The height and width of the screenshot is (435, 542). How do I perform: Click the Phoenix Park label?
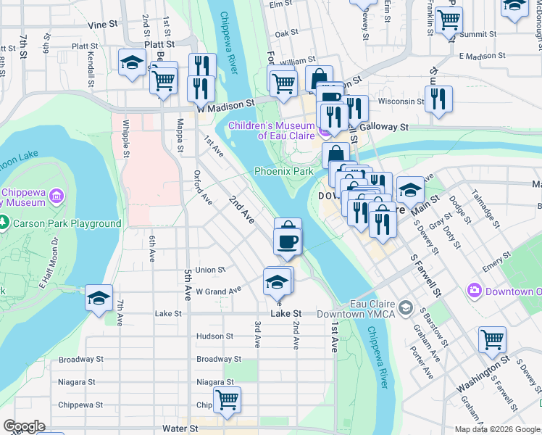pos(283,171)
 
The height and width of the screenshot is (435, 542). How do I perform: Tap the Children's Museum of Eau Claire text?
pos(272,130)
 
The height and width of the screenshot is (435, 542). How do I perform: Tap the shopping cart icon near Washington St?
pos(492,339)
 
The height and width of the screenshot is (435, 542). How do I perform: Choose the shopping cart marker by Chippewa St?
pos(227,399)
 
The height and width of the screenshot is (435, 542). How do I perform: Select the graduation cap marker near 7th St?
pos(99,298)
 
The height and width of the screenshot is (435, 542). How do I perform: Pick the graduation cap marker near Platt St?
pos(132,65)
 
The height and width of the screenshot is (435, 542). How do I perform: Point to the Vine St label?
pos(102,24)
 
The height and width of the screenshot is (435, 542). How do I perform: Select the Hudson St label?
pos(214,336)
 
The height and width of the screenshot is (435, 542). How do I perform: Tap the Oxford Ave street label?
pos(203,187)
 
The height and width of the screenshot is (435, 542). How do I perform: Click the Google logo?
pos(23,426)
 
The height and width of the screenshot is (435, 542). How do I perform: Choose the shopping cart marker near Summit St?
pos(449,20)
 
